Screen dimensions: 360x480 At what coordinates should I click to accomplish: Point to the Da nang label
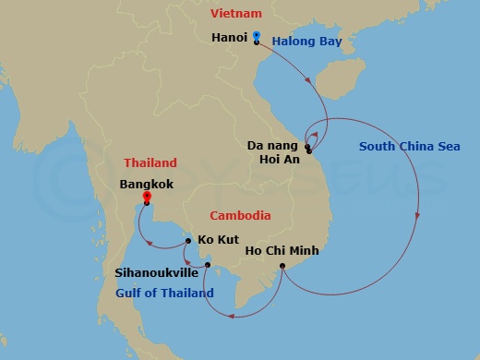272,145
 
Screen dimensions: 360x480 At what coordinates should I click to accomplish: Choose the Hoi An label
277,160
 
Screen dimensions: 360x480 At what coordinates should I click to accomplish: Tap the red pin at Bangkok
146,195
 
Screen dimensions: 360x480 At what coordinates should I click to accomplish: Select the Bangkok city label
146,184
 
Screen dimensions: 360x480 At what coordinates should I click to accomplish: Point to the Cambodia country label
240,216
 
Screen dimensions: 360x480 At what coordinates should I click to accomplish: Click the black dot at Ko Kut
188,241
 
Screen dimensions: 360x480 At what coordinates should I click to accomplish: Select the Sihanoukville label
155,273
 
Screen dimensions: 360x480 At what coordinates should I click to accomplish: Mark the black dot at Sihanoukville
209,266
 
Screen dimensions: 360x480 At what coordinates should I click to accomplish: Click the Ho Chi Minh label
282,249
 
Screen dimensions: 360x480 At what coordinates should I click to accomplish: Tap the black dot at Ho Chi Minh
282,266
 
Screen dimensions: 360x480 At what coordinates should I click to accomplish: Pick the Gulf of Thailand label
165,294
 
